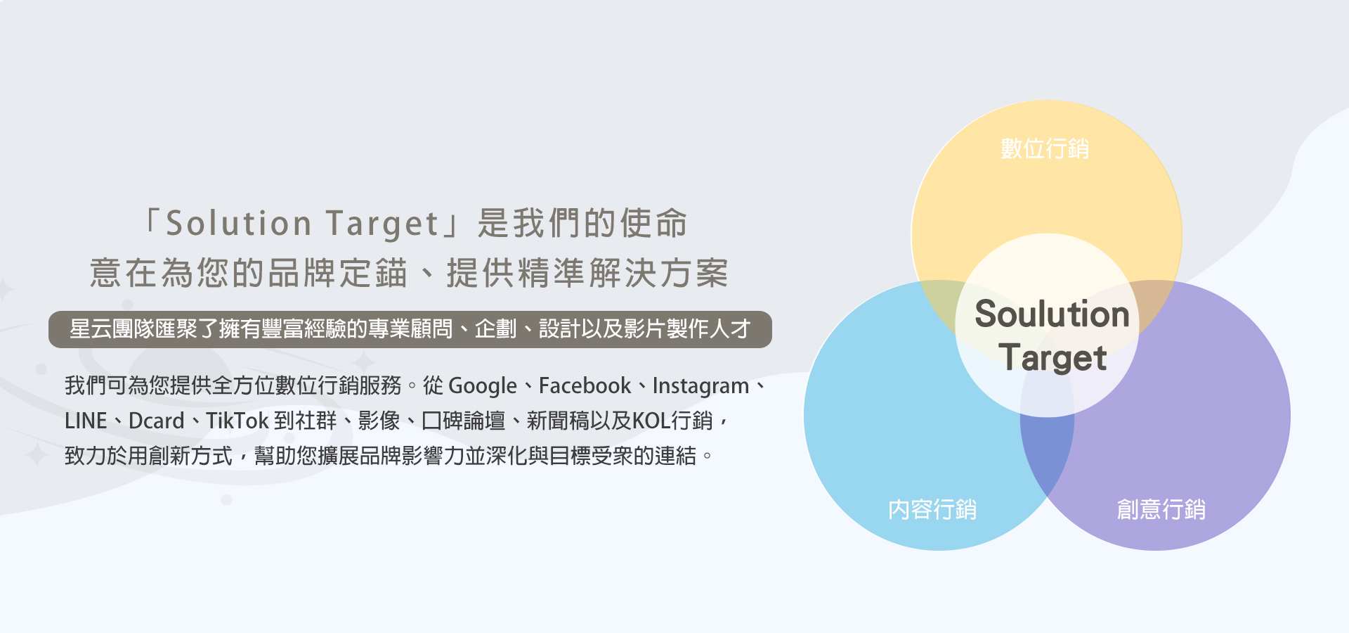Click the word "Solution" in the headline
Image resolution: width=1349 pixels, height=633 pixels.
coord(238,224)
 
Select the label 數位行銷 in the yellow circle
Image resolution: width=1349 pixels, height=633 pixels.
coord(1045,148)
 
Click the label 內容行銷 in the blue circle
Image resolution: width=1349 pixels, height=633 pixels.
coord(932,509)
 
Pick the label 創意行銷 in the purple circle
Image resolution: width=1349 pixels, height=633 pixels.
coord(1161,509)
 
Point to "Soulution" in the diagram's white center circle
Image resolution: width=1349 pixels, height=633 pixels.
coord(1052,314)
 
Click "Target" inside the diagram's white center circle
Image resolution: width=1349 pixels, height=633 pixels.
coord(1053,358)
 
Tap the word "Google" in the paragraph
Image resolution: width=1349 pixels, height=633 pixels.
coord(483,386)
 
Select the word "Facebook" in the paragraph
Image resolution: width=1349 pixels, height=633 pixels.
coord(585,385)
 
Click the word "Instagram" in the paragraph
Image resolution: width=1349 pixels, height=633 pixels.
coord(700,386)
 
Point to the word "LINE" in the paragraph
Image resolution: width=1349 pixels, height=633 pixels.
coord(86,421)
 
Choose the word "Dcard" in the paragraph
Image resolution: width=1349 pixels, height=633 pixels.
coord(156,421)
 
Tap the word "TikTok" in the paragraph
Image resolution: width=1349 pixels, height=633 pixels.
coord(237,421)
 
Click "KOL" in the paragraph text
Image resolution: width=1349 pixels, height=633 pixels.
coord(651,421)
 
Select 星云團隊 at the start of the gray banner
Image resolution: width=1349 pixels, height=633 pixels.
coord(112,328)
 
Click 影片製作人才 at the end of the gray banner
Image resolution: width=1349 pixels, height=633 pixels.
coord(687,328)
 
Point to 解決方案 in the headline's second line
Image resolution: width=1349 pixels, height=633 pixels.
coord(658,273)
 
